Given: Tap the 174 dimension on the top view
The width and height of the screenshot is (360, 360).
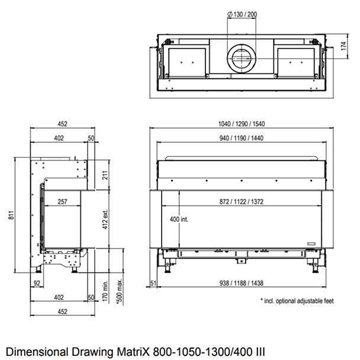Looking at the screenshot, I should click(345, 47).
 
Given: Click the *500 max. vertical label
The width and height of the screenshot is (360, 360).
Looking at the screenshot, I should click(120, 297).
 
